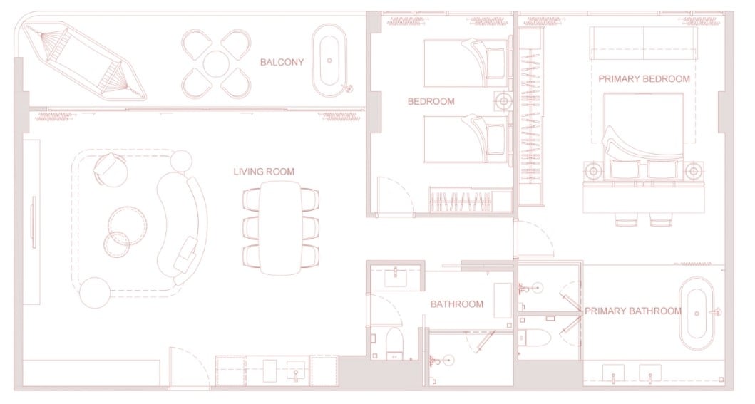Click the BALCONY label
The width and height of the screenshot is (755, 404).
pyautogui.click(x=282, y=62)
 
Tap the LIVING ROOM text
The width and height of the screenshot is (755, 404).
pyautogui.click(x=263, y=172)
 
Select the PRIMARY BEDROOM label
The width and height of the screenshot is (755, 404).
pyautogui.click(x=644, y=79)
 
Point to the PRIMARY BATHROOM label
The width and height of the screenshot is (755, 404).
pyautogui.click(x=632, y=311)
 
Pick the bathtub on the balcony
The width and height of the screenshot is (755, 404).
pyautogui.click(x=330, y=61)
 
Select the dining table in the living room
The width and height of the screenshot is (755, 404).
pyautogui.click(x=281, y=228)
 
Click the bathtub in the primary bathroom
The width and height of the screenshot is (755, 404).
pyautogui.click(x=697, y=314)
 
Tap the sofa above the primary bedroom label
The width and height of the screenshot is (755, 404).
pyautogui.click(x=643, y=43)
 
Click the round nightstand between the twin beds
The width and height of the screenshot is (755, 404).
pyautogui.click(x=503, y=101)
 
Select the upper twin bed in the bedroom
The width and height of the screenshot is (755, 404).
pyautogui.click(x=466, y=63)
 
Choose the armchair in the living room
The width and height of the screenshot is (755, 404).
pyautogui.click(x=111, y=170)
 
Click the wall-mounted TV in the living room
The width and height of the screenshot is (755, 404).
pyautogui.click(x=34, y=222)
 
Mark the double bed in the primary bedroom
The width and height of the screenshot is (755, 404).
pyautogui.click(x=643, y=140)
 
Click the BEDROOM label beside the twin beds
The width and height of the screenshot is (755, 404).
pyautogui.click(x=431, y=101)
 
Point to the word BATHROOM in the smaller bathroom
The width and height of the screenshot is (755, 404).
pyautogui.click(x=456, y=304)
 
